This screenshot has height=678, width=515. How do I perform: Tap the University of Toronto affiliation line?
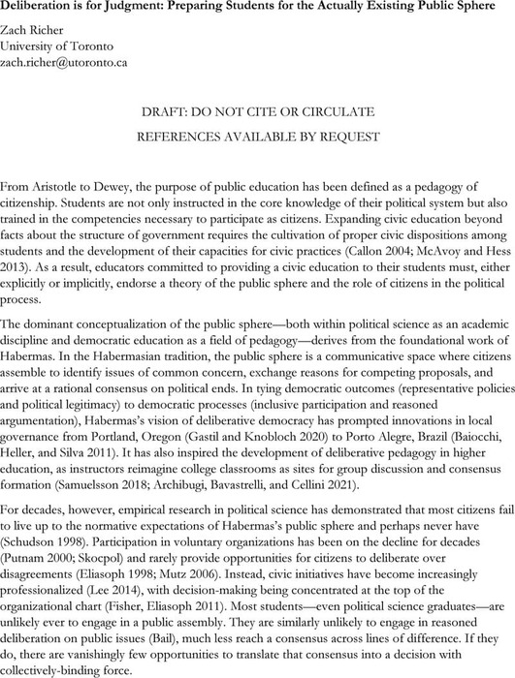click(54, 45)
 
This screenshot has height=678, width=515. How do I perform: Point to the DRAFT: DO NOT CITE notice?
click(257, 111)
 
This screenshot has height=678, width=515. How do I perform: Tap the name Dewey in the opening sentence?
click(127, 185)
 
